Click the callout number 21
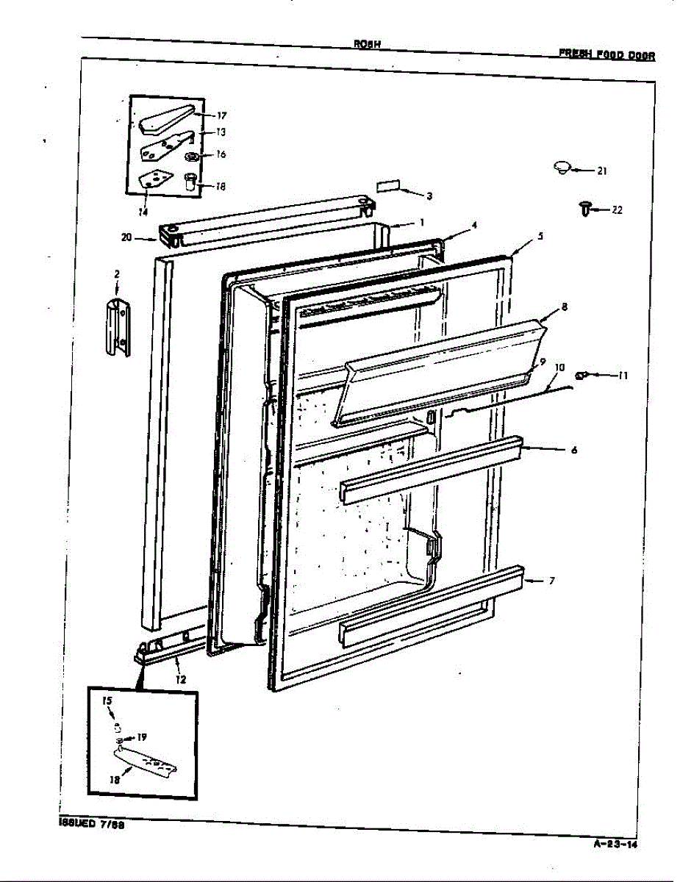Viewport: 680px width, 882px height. pos(602,171)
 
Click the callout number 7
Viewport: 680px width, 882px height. pos(551,581)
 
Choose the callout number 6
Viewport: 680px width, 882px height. pos(573,450)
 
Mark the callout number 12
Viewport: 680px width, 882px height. pos(181,680)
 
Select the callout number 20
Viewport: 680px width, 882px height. pos(126,237)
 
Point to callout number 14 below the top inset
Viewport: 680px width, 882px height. pos(143,212)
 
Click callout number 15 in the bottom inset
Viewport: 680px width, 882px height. pos(107,702)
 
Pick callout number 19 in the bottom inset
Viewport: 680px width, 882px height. pos(142,737)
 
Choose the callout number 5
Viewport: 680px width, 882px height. pos(540,237)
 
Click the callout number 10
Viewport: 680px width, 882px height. pos(559,366)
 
